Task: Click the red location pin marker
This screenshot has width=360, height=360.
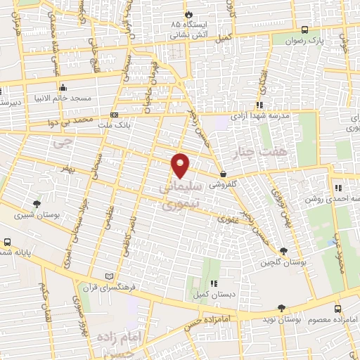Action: (x=181, y=165)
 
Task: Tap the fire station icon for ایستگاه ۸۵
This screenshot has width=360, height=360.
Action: (x=188, y=14)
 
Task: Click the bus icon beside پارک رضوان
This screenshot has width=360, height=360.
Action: (x=304, y=30)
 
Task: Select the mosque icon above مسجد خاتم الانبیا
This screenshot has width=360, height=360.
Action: (x=63, y=88)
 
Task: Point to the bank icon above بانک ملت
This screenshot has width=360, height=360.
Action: (x=114, y=114)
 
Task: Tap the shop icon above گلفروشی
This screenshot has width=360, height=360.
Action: (x=223, y=174)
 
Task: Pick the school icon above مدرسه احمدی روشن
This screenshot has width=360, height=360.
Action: (x=338, y=188)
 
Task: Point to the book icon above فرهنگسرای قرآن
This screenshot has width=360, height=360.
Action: (x=108, y=276)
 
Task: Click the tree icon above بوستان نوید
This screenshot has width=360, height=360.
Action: (x=281, y=308)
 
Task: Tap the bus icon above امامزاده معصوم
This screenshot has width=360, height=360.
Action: (x=338, y=308)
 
